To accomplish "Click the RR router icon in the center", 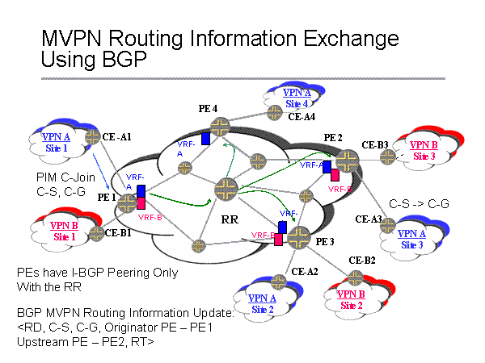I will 224,190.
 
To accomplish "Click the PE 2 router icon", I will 348,160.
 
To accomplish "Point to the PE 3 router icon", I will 299,236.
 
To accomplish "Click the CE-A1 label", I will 118,136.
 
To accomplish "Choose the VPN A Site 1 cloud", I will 55,142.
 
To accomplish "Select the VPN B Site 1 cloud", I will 64,231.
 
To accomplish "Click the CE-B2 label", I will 361,260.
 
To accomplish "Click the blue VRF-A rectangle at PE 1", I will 141,191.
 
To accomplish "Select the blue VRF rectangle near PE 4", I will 206,139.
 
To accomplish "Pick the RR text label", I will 229,218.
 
